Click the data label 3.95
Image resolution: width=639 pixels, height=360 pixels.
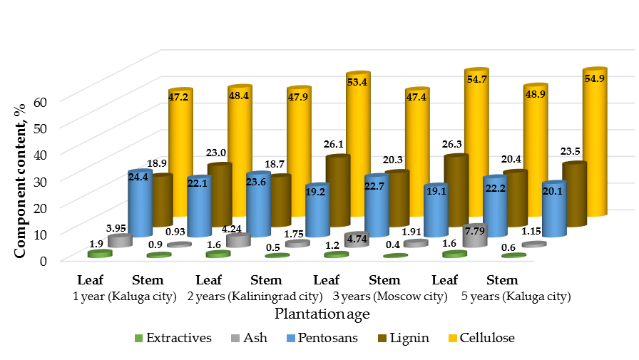click(x=116, y=228)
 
